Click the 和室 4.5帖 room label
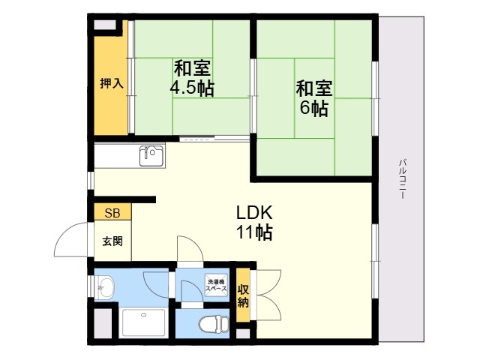coord(192,78)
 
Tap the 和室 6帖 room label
coord(314,98)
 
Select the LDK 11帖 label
coord(254,222)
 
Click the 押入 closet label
coord(112,83)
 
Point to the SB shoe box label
coord(112,213)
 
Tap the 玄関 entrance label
coord(112,241)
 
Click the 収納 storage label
coord(243,295)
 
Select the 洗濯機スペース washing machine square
coord(217,285)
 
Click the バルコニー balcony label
coord(403,178)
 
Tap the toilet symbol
coord(214,324)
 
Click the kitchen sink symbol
coord(151,156)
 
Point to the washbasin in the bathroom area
coord(104,288)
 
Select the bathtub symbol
coord(144,322)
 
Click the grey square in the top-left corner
coord(105,25)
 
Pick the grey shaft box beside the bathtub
coord(103,323)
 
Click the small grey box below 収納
coord(243,334)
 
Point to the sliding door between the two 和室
coord(253,96)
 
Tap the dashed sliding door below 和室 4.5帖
coord(214,139)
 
